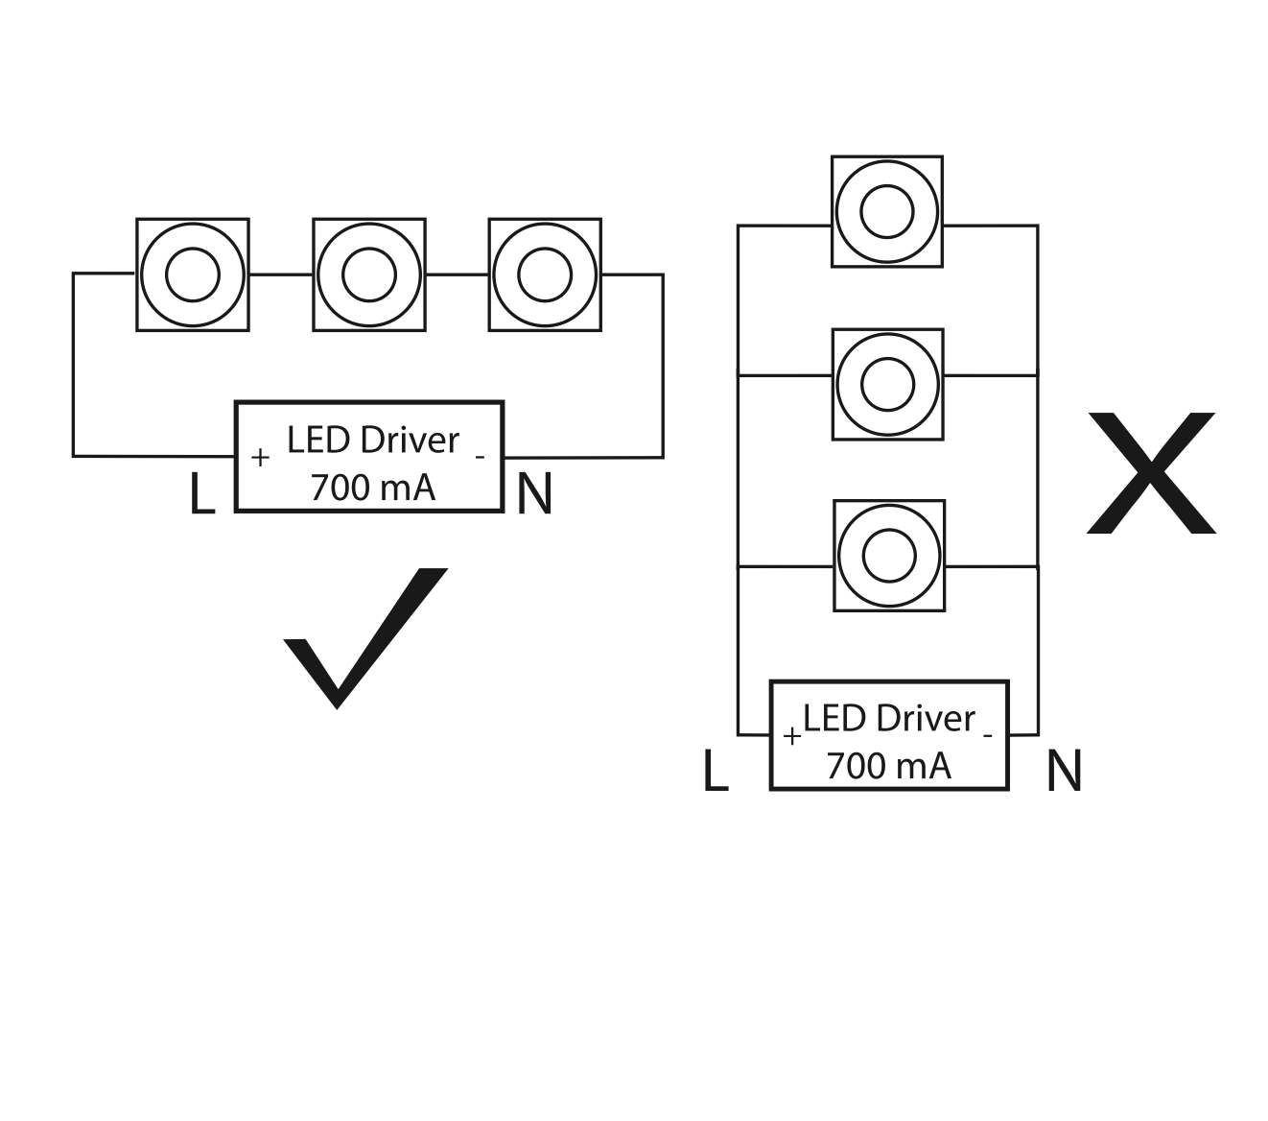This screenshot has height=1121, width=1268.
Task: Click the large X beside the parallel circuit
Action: click(x=1151, y=473)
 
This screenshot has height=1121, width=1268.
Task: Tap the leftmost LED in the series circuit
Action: click(x=193, y=274)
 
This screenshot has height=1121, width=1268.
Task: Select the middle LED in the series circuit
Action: click(x=369, y=274)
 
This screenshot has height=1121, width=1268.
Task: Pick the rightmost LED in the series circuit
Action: click(x=545, y=274)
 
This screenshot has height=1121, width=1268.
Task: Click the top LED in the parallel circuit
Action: click(x=887, y=211)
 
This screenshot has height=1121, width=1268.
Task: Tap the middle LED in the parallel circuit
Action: click(x=887, y=384)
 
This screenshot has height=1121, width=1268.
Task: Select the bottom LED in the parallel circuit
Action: click(x=889, y=555)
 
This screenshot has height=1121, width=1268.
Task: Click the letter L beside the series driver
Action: click(x=201, y=494)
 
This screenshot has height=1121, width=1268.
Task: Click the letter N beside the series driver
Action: click(x=534, y=494)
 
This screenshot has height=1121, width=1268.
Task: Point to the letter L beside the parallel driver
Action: click(x=716, y=771)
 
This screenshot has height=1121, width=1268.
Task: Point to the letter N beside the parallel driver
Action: click(x=1064, y=771)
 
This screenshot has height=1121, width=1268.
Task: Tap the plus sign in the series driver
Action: click(x=259, y=458)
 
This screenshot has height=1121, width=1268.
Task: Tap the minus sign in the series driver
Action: click(x=480, y=458)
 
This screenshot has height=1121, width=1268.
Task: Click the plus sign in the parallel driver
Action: click(x=792, y=736)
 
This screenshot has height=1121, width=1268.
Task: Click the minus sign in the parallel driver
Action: click(x=987, y=736)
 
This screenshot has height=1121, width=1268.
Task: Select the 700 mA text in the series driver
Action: click(x=372, y=488)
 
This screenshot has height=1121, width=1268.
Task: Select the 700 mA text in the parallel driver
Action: click(x=888, y=766)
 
